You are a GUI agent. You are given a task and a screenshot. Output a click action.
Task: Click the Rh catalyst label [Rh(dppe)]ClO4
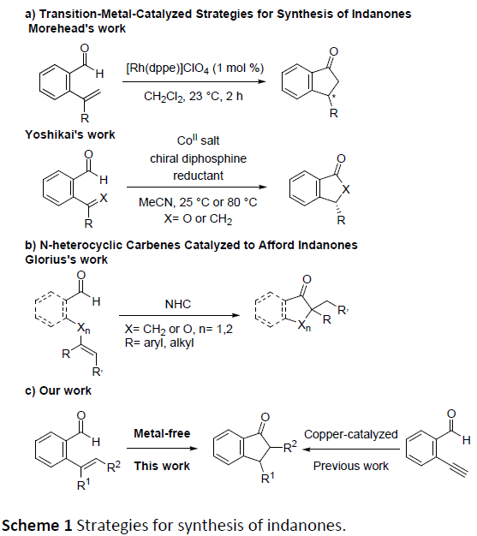click(168, 68)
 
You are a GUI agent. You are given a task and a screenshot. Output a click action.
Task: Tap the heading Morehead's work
click(77, 28)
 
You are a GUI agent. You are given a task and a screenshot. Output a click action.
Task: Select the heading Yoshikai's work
click(70, 134)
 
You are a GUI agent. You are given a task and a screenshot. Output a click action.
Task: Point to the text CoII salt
click(198, 140)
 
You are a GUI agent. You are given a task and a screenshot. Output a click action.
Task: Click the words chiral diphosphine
click(199, 158)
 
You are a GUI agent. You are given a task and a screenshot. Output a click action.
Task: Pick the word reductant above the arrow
click(198, 176)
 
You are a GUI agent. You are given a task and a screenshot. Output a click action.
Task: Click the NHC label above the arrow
click(178, 304)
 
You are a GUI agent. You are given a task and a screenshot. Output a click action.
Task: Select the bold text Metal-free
click(162, 433)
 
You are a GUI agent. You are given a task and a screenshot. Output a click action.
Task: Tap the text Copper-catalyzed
click(351, 434)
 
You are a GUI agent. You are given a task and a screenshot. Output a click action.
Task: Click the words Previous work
click(351, 466)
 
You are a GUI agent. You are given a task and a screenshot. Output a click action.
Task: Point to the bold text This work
click(162, 466)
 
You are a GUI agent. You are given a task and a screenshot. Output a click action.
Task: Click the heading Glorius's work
click(66, 259)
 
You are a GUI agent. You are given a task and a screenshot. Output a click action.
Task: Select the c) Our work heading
click(58, 390)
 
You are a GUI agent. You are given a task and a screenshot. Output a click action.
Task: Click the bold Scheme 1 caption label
click(37, 525)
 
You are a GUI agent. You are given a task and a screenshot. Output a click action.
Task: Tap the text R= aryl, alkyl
click(159, 342)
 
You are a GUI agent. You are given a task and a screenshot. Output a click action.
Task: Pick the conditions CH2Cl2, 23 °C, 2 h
click(194, 97)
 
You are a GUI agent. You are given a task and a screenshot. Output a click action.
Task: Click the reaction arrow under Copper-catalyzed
click(351, 449)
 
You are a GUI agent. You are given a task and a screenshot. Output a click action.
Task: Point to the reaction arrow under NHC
click(180, 315)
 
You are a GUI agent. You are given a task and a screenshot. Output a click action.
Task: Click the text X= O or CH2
click(198, 219)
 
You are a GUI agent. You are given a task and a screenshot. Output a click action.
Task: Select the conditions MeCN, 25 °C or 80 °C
click(198, 202)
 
